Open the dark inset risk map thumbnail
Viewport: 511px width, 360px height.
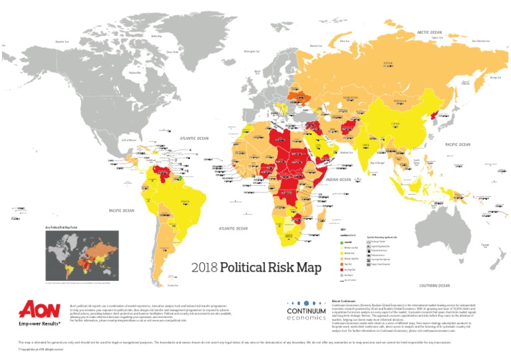[73, 256]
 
